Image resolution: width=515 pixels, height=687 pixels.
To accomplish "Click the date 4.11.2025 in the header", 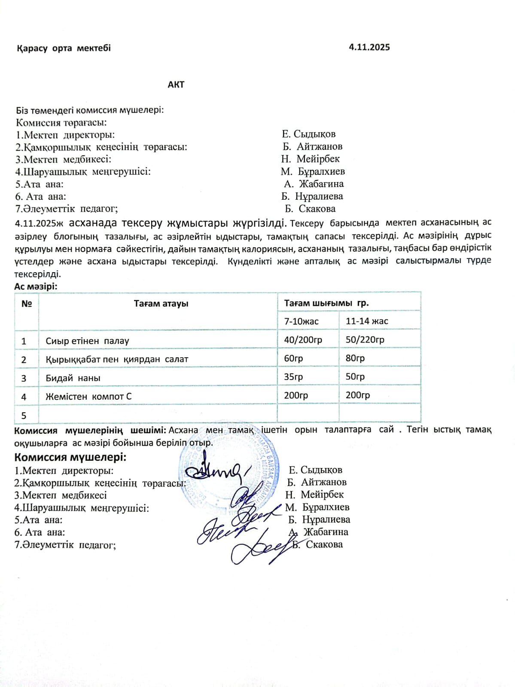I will coord(369,47).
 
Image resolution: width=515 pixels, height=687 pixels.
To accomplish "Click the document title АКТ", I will coord(176,85).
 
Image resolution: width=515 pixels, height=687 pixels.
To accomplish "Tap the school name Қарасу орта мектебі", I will coord(64,48).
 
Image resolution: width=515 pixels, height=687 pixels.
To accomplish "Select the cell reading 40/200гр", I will coord(303,340).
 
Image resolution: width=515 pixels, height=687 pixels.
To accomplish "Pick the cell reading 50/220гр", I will coord(365,340).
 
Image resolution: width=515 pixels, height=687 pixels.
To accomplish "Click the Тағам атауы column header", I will coord(161,304).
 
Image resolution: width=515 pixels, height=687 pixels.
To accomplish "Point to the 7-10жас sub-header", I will coord(301,321).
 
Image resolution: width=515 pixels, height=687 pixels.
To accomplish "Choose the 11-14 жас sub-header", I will coord(367,321).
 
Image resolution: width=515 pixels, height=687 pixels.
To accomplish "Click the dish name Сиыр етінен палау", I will coord(87,341).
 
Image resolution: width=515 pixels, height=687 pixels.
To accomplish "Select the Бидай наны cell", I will coord(73,378).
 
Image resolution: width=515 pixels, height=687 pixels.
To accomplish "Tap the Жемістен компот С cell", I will coord(88,397).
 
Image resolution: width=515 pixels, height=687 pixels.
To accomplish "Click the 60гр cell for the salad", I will coord(293,359).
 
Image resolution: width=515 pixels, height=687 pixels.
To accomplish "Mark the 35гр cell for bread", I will coord(293,377).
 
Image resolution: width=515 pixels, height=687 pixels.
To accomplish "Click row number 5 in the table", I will coord(24,416).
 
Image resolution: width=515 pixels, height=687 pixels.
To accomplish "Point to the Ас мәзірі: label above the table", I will coord(36,286).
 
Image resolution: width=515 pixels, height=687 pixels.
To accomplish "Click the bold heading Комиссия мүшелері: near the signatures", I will coord(70,457).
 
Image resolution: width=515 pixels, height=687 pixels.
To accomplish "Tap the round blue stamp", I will coord(230,468).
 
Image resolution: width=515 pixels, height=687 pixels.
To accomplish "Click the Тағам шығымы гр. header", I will coord(326,303).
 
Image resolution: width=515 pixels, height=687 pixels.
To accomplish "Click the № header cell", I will coord(27,304).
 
